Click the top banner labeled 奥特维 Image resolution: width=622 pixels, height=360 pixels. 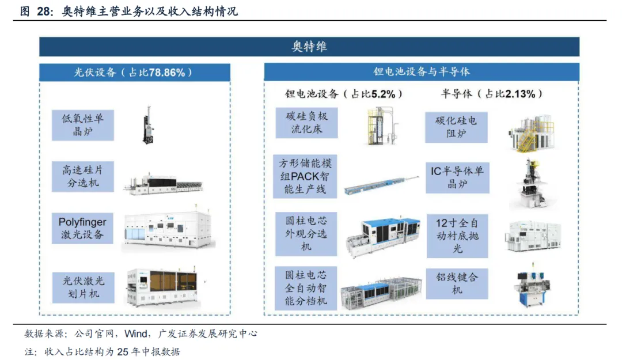(x=309, y=47)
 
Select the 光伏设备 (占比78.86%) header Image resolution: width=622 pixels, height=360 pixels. (x=135, y=73)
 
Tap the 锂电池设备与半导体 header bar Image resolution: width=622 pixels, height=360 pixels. (x=422, y=72)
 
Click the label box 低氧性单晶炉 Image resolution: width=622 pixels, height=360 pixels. (x=83, y=124)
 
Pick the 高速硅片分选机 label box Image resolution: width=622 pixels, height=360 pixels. (x=83, y=176)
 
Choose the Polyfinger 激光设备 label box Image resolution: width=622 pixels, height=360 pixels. (x=83, y=228)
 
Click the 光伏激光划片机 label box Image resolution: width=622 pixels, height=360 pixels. (x=83, y=287)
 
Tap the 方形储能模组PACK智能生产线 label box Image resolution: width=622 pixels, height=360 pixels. (x=306, y=176)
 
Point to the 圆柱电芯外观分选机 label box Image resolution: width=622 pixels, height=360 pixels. (x=306, y=234)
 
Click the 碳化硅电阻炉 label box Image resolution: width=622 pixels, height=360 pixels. (x=456, y=127)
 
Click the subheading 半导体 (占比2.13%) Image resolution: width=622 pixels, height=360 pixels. (x=492, y=94)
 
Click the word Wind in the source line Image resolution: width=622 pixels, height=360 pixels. (x=136, y=334)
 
